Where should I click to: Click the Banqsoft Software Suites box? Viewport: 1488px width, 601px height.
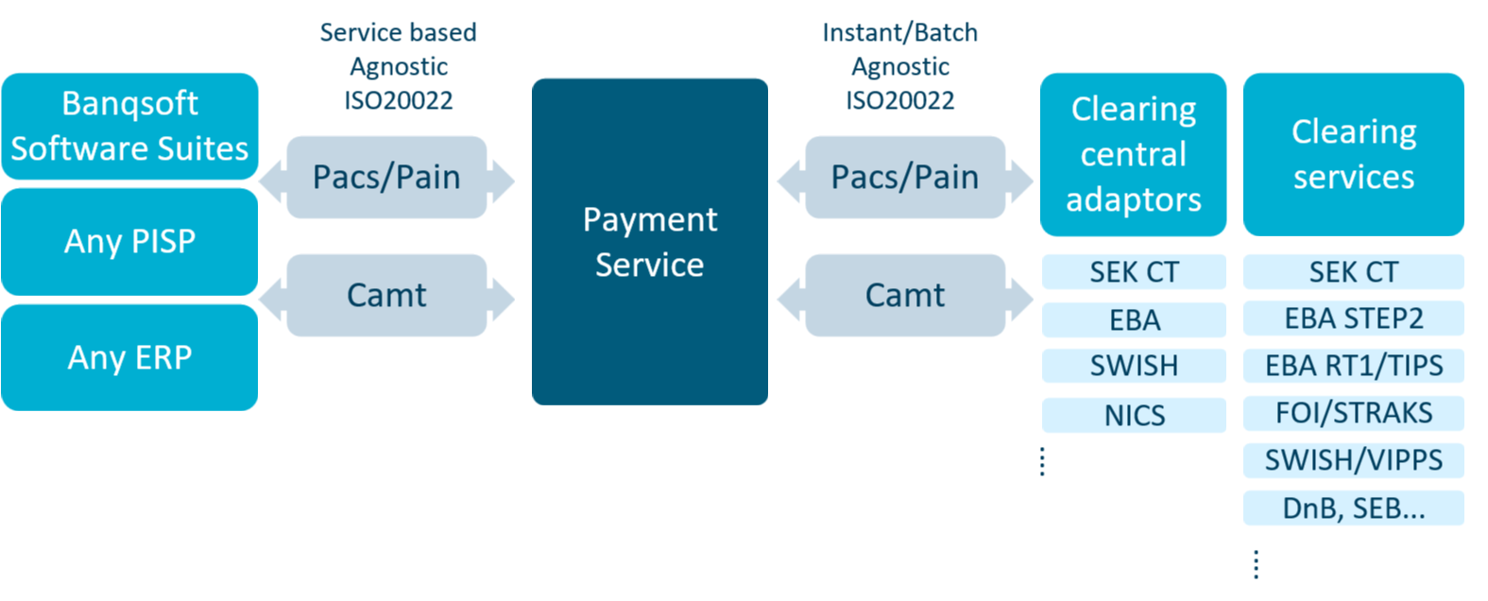(x=129, y=127)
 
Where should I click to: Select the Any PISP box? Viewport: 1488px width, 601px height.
(x=129, y=242)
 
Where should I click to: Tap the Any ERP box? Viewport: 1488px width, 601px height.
(x=129, y=358)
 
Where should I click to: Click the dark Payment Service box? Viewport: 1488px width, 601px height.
(x=649, y=242)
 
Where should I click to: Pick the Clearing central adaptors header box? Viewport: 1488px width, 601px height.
(x=1133, y=155)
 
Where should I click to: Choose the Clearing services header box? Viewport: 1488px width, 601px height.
(x=1353, y=155)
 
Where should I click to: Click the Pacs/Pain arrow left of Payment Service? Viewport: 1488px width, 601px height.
(x=386, y=178)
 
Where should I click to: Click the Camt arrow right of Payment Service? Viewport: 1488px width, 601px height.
(x=904, y=296)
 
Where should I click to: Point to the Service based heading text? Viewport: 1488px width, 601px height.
(x=398, y=33)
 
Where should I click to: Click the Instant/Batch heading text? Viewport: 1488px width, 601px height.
(x=899, y=33)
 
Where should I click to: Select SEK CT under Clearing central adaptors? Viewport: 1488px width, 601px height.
(x=1134, y=272)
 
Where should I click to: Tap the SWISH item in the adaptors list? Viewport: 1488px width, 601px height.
(x=1134, y=366)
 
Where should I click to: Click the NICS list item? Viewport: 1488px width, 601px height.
(x=1134, y=415)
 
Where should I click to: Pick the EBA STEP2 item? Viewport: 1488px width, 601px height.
(x=1353, y=318)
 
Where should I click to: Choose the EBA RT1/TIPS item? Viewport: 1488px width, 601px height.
(x=1353, y=366)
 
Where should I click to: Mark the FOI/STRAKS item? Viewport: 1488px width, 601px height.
(x=1353, y=413)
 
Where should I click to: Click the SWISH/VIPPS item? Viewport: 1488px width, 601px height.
(x=1353, y=460)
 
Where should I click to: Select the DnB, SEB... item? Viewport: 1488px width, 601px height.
(x=1353, y=508)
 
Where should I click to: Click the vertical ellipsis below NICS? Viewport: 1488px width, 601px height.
(x=1042, y=461)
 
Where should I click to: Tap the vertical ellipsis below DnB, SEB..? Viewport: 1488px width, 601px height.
(x=1256, y=564)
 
